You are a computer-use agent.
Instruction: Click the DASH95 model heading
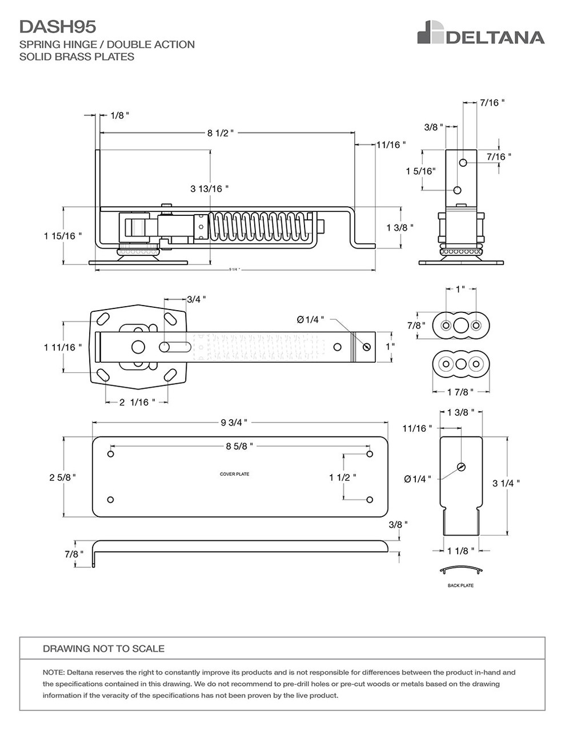(x=58, y=26)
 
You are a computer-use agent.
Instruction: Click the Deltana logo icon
(x=431, y=33)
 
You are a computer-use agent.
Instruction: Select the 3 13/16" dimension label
(x=209, y=188)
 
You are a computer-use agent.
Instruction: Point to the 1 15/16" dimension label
(x=63, y=235)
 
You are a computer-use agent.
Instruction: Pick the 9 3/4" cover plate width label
(x=234, y=423)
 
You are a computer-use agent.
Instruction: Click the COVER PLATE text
(x=234, y=474)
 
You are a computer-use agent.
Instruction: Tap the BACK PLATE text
(x=460, y=585)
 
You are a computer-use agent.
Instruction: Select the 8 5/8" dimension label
(x=239, y=446)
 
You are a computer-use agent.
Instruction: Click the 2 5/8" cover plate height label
(x=62, y=477)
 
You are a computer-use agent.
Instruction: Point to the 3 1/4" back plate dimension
(x=506, y=483)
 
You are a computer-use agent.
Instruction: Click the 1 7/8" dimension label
(x=459, y=392)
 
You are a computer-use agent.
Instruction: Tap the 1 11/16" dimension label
(x=63, y=347)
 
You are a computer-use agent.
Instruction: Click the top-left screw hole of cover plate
(x=111, y=454)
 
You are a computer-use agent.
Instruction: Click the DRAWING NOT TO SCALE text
(x=103, y=649)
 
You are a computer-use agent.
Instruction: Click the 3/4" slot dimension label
(x=197, y=299)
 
